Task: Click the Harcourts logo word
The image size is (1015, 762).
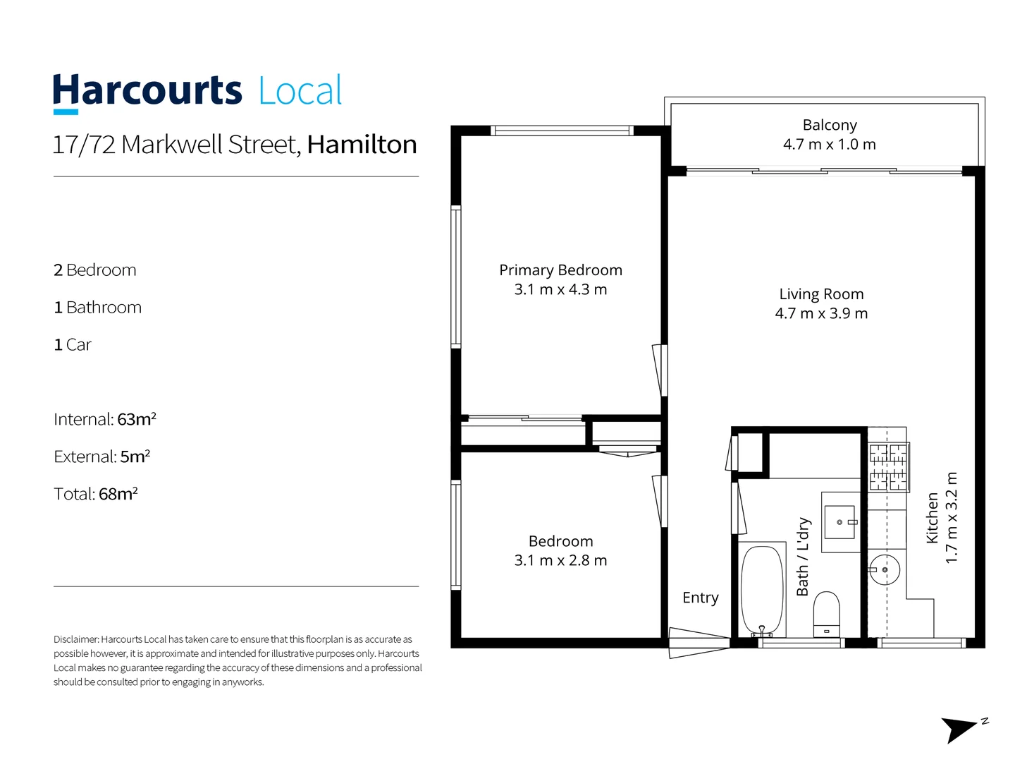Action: click(147, 91)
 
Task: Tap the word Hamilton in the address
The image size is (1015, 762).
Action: click(362, 145)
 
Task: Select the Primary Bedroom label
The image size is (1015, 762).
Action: click(560, 270)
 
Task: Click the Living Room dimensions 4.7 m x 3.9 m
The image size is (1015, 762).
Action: click(821, 313)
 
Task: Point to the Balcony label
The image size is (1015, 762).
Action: click(830, 125)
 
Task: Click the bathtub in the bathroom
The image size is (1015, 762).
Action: click(762, 588)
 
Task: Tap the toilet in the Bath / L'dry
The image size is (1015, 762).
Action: click(827, 613)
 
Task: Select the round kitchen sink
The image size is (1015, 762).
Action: click(884, 569)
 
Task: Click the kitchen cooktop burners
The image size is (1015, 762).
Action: click(888, 466)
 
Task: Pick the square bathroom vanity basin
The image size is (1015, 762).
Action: click(839, 522)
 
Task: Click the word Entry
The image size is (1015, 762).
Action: click(701, 598)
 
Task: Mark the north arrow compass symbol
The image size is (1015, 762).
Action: click(961, 729)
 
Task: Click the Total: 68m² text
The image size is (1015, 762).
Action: click(96, 494)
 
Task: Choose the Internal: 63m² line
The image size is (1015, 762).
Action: click(105, 419)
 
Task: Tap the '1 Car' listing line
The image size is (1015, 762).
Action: click(73, 344)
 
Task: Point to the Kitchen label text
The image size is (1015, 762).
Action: click(932, 518)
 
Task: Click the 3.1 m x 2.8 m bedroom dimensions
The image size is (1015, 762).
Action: click(560, 560)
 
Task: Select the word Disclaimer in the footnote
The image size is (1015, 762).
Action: click(75, 639)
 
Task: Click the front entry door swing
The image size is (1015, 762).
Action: click(698, 642)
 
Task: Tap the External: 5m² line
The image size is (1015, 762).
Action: click(102, 456)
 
